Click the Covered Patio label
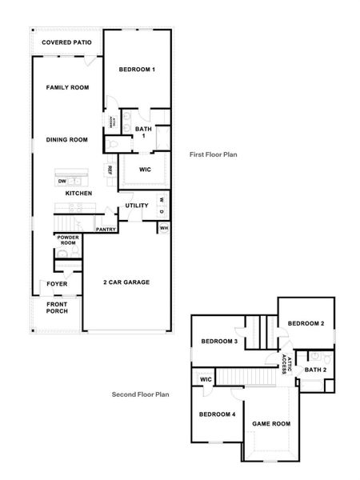point(66,42)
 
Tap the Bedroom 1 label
point(137,70)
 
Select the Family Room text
point(66,87)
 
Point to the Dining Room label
point(66,139)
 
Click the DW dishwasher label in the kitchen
point(62,182)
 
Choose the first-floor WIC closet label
point(145,170)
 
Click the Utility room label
point(137,206)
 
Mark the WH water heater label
point(164,228)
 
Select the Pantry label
point(106,230)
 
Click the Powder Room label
point(66,240)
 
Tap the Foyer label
point(57,283)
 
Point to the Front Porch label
point(57,308)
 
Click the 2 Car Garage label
point(126,282)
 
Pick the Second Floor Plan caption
point(140,394)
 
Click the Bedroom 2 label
point(306,323)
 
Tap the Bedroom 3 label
point(218,342)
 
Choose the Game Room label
point(271,423)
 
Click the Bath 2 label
point(315,370)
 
